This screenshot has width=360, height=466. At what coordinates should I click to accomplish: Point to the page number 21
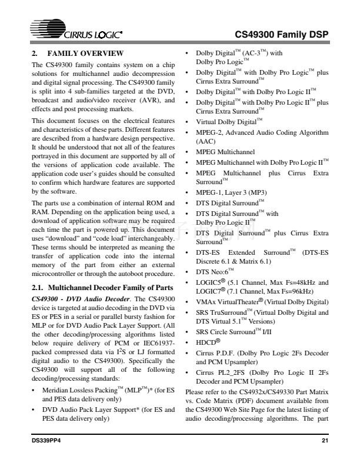325,440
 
